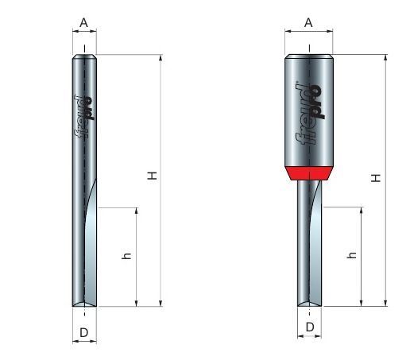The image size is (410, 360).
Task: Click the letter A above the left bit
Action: click(x=83, y=23)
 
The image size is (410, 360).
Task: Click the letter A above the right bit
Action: click(x=308, y=23)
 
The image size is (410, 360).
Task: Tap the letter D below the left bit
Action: click(x=84, y=332)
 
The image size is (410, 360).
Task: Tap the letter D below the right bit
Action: click(x=310, y=327)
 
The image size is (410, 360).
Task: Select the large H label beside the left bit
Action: click(x=152, y=176)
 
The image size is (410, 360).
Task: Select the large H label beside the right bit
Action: click(x=376, y=178)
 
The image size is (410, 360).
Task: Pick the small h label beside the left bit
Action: click(x=126, y=256)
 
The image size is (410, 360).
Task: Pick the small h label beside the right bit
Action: click(x=352, y=255)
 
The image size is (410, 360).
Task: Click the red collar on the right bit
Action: click(x=309, y=173)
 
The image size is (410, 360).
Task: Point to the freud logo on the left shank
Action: click(x=83, y=117)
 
